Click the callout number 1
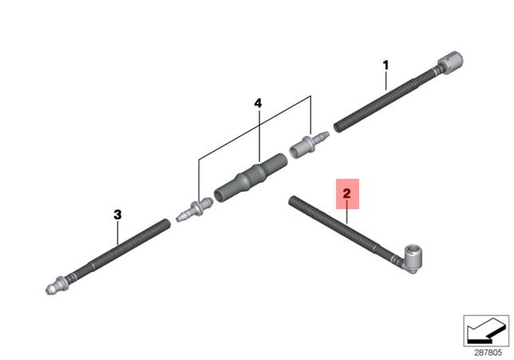[385, 65]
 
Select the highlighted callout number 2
[347, 193]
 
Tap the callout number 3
[117, 215]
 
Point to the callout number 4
[258, 103]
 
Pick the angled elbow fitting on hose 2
[410, 259]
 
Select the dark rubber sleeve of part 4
[251, 178]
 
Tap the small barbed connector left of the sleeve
[195, 210]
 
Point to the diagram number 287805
[488, 353]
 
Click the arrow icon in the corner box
[486, 330]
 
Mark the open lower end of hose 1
[338, 128]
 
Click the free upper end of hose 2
[292, 200]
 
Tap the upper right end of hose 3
[167, 224]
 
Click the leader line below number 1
[385, 81]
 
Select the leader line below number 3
[117, 233]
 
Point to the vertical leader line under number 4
[259, 136]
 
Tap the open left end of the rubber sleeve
[219, 196]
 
